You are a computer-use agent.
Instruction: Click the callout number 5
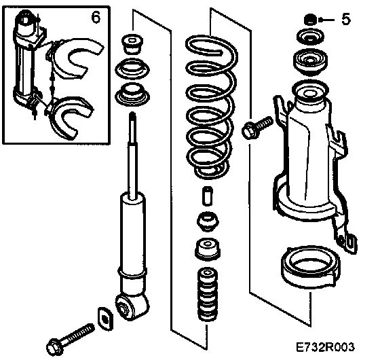point(346,19)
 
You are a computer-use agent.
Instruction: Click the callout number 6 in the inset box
point(96,17)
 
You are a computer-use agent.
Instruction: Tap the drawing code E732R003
point(325,347)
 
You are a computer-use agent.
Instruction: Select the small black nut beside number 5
point(310,20)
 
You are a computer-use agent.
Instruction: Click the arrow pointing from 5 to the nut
point(326,20)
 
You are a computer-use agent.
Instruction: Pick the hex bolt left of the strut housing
point(257,128)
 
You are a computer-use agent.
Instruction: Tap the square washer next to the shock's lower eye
point(105,319)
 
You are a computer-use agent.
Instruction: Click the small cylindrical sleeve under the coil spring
point(208,196)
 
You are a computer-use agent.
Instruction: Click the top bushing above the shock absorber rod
point(132,43)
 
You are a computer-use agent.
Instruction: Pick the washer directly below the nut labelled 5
point(311,37)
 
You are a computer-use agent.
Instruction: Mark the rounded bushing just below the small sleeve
point(208,221)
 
